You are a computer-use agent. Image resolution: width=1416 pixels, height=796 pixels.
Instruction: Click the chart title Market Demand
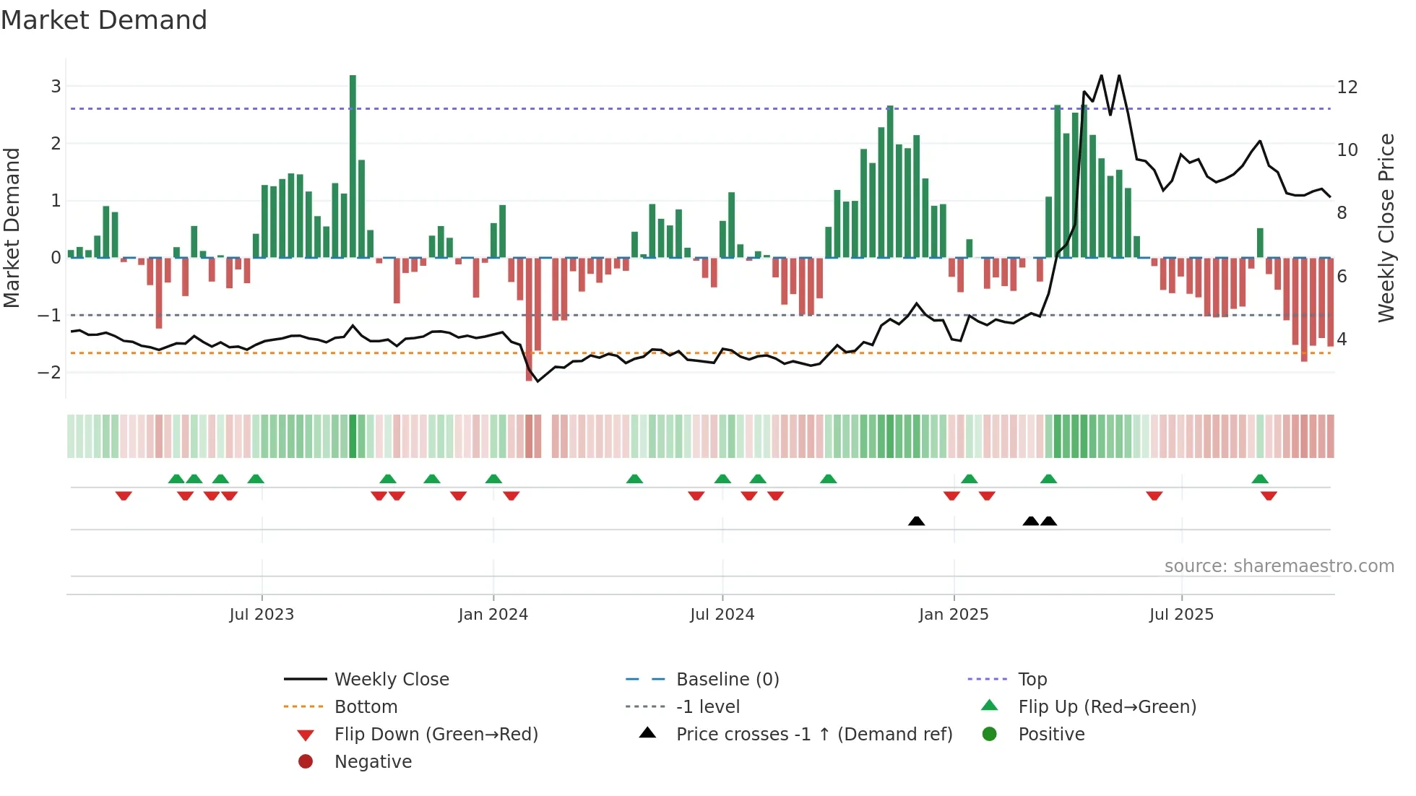[x=104, y=20]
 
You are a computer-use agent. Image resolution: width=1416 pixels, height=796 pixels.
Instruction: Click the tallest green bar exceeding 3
[x=353, y=166]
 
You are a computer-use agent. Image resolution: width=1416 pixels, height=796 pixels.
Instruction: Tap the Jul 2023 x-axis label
[x=262, y=615]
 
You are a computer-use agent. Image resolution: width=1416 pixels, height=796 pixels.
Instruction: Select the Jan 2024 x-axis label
[x=493, y=615]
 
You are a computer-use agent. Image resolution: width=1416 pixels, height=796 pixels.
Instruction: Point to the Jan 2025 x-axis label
[x=953, y=615]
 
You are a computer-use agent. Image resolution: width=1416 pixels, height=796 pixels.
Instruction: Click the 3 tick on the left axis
[x=56, y=87]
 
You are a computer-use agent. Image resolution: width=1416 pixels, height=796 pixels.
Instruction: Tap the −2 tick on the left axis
[x=50, y=373]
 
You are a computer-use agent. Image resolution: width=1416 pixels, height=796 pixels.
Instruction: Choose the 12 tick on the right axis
[x=1347, y=87]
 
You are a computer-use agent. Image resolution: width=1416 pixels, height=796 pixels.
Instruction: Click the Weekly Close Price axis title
[x=1386, y=228]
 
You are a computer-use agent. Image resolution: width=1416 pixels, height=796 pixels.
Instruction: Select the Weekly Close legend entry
[x=391, y=680]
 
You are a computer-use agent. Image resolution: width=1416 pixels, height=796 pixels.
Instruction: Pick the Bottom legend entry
[x=366, y=707]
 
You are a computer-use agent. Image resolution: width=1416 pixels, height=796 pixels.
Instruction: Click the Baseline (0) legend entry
[x=727, y=680]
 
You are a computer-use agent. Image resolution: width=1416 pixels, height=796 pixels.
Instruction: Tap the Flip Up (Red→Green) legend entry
[x=1107, y=707]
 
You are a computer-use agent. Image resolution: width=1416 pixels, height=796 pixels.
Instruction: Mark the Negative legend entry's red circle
[x=306, y=762]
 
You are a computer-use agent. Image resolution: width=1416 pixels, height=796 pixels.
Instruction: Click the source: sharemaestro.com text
[x=1279, y=566]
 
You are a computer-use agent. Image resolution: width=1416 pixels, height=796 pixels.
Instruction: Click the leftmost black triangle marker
[x=916, y=521]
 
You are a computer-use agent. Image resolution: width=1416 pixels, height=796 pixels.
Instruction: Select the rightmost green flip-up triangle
[x=1260, y=479]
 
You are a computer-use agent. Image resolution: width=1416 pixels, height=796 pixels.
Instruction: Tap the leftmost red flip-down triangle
[x=124, y=496]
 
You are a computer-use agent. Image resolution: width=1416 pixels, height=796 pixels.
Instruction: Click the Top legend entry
[x=1032, y=680]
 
